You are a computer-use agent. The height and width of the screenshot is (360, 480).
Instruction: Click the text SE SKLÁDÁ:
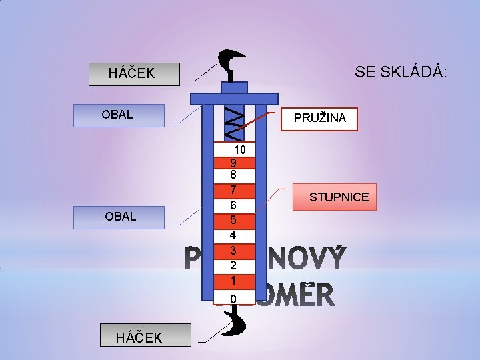click(x=401, y=72)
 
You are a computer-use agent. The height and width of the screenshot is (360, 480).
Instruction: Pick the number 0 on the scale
click(x=233, y=298)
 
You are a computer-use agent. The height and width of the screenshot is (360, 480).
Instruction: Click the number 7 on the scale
click(x=233, y=190)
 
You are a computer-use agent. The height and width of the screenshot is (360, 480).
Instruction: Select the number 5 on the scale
click(x=233, y=220)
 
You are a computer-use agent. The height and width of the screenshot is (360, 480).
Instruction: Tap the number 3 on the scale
click(x=233, y=251)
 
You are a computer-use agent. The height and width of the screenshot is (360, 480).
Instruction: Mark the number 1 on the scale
click(x=233, y=281)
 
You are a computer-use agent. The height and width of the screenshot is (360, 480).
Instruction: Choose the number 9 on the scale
click(x=233, y=163)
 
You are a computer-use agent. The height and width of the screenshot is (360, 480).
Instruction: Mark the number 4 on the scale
click(x=233, y=235)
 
